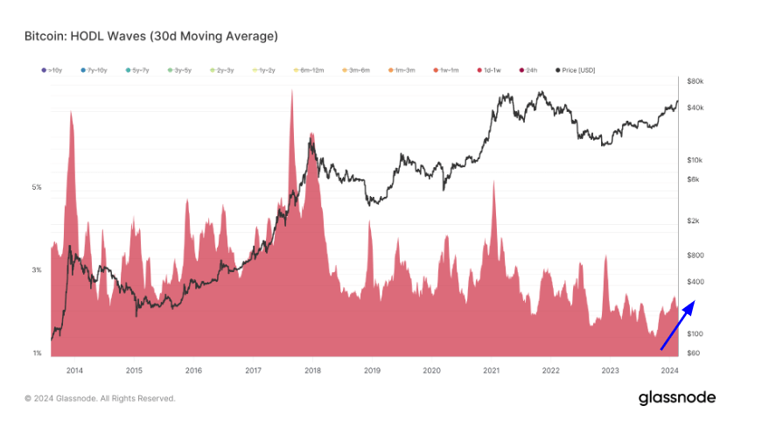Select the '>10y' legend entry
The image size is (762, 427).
52,69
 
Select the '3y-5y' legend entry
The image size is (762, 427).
180,69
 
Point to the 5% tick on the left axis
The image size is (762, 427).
37,187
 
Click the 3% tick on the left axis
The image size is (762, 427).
37,270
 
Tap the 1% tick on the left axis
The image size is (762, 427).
37,353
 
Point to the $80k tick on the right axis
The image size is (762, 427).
696,81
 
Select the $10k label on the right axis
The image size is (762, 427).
696,160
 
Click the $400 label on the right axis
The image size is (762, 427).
697,282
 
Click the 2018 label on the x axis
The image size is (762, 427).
312,370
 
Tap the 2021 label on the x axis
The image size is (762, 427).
491,370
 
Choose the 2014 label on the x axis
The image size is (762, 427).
74,370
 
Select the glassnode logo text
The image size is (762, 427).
676,398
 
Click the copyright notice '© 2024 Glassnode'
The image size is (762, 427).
100,399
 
